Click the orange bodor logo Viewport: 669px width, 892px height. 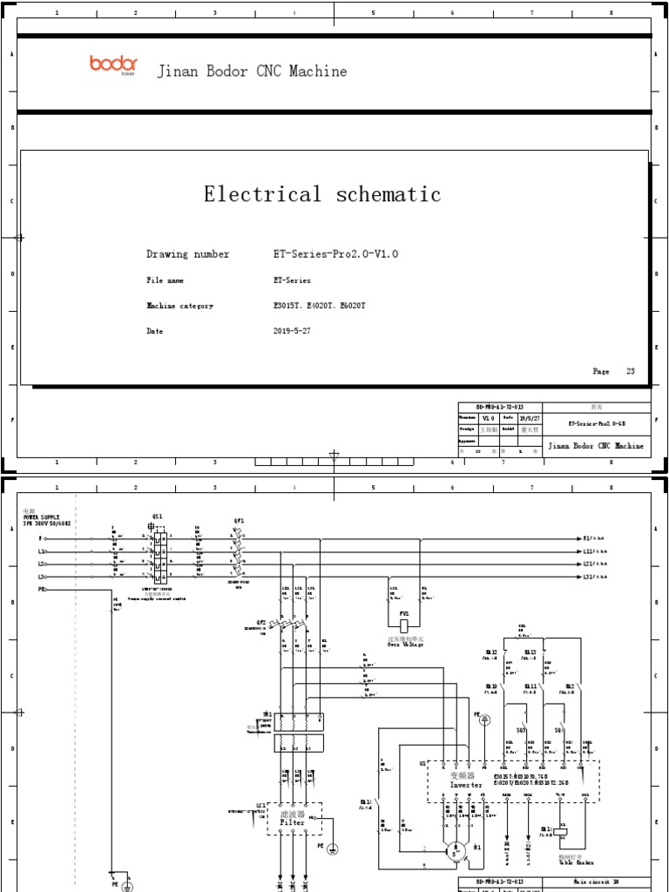pos(113,64)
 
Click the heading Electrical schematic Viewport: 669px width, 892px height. pos(322,194)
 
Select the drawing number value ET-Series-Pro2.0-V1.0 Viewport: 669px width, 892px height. pos(335,254)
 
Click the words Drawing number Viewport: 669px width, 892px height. pos(188,254)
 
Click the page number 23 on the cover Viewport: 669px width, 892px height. pos(631,371)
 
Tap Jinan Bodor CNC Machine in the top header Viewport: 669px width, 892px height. pos(252,71)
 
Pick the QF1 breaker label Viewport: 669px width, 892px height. pos(239,520)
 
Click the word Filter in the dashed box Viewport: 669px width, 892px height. pos(293,821)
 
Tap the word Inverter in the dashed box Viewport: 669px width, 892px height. pos(465,784)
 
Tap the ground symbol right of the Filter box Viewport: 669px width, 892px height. pos(332,847)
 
